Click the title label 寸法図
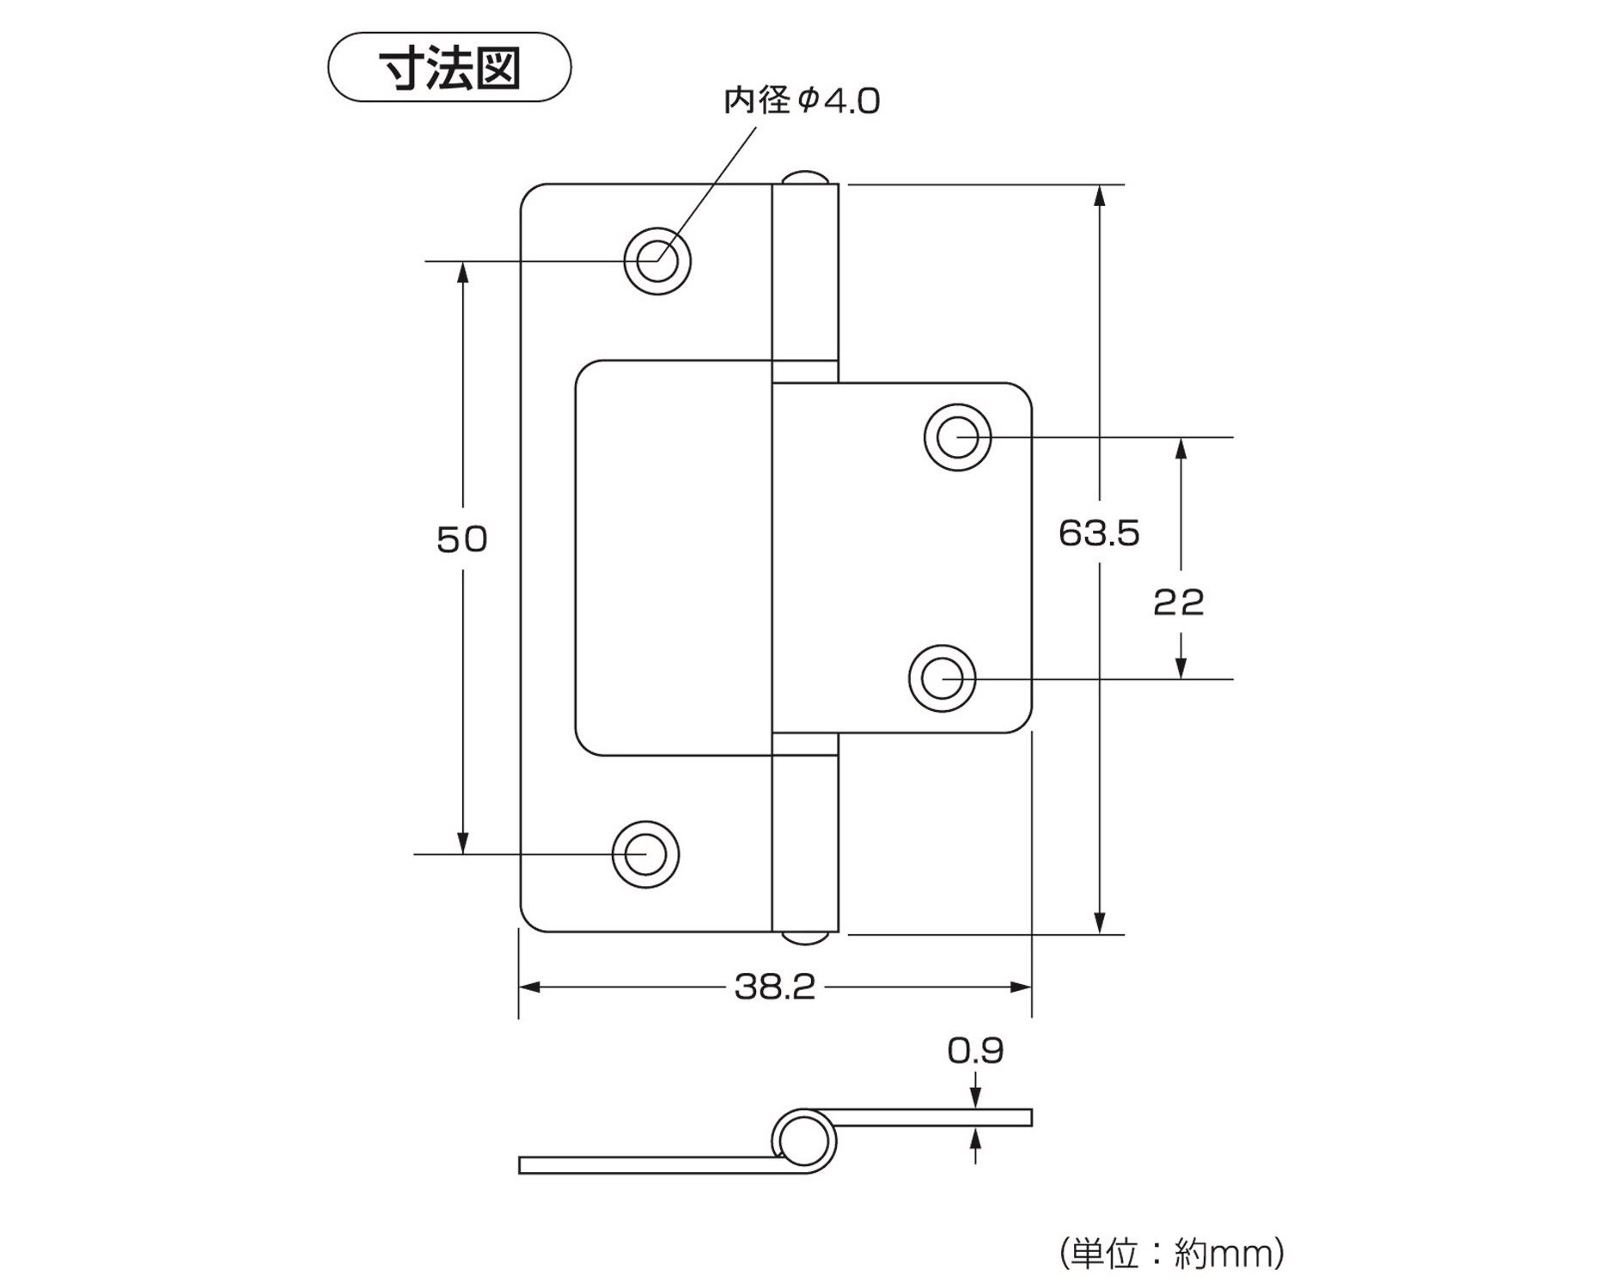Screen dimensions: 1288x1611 click(x=449, y=68)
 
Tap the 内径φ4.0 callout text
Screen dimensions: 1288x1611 click(x=802, y=101)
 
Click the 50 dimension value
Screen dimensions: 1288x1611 click(x=462, y=539)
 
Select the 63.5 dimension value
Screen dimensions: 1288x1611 click(x=1099, y=533)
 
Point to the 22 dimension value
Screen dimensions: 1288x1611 click(x=1179, y=603)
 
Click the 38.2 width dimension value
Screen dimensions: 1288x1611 click(x=774, y=987)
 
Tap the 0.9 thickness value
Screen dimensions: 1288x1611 click(x=975, y=1050)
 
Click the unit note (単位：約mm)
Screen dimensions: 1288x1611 click(x=1171, y=1254)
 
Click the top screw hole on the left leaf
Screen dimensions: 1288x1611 click(x=657, y=260)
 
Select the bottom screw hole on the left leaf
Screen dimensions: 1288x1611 click(x=645, y=854)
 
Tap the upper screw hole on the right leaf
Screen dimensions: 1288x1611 click(x=957, y=437)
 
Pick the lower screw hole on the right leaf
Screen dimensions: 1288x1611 click(x=943, y=679)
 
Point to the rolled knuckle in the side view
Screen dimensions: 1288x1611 click(x=804, y=1142)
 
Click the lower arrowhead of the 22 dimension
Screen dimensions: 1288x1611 click(x=1181, y=668)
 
